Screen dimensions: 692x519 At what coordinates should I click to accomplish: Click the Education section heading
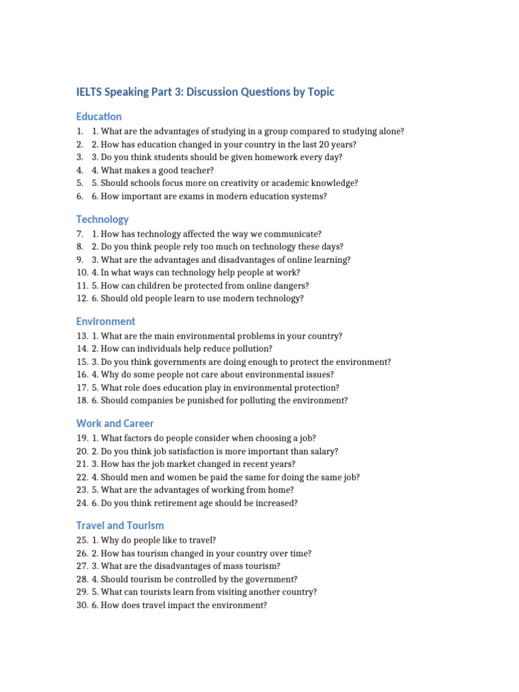(99, 116)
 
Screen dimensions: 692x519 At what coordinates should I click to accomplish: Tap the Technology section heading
(102, 219)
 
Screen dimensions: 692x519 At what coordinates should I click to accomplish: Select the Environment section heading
(105, 321)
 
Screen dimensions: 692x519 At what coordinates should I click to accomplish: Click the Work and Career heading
(115, 423)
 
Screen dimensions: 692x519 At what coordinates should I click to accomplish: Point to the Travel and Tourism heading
(120, 525)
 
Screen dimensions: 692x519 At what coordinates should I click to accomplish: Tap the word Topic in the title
(320, 92)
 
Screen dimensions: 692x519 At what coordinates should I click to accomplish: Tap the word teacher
(195, 170)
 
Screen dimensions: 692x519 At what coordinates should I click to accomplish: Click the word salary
(324, 451)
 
